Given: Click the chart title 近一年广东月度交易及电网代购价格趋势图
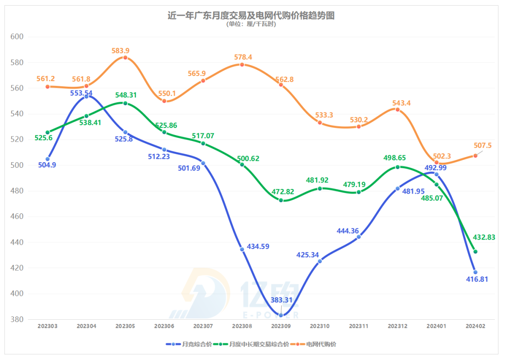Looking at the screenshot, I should [x=251, y=15].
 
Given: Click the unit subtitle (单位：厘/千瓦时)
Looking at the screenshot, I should [x=251, y=24].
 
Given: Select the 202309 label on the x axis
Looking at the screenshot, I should [x=281, y=326].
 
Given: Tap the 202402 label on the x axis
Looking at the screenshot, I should [x=475, y=326].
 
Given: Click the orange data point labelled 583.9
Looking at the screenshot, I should [x=125, y=58].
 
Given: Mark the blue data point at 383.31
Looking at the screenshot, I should [x=281, y=315].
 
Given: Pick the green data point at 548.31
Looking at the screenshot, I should [x=125, y=103].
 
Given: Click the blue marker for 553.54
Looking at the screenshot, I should [x=86, y=97].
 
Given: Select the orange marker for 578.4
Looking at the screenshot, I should [x=242, y=65].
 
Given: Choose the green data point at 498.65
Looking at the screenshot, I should [x=398, y=167].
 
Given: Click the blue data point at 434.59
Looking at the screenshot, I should [x=242, y=249].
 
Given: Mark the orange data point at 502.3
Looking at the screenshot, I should [x=437, y=162].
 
